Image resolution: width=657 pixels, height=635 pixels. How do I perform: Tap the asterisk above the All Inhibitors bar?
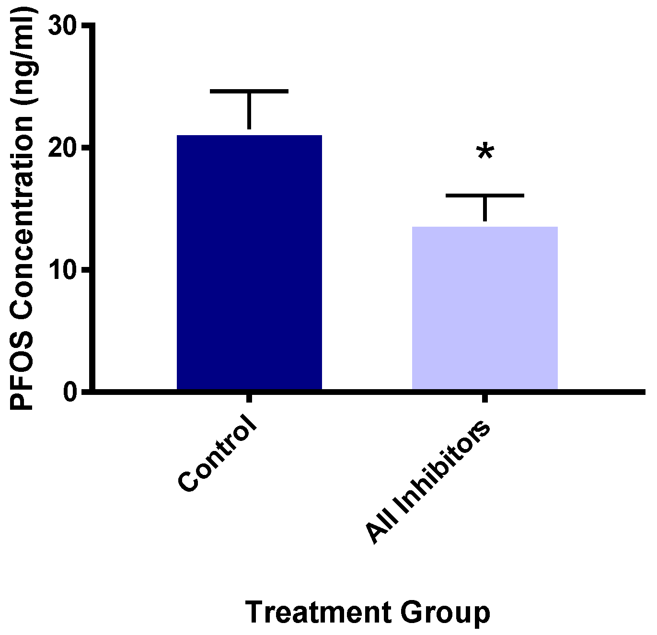pos(484,152)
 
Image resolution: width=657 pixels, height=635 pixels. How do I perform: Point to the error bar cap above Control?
pos(249,91)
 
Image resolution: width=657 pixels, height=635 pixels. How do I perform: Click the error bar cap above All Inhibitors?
pos(484,195)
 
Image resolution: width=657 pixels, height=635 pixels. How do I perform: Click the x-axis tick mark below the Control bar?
pos(249,398)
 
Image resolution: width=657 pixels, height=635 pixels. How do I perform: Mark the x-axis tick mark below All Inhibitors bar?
pos(484,398)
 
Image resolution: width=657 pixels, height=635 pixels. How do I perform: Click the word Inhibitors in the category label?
pos(443,467)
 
